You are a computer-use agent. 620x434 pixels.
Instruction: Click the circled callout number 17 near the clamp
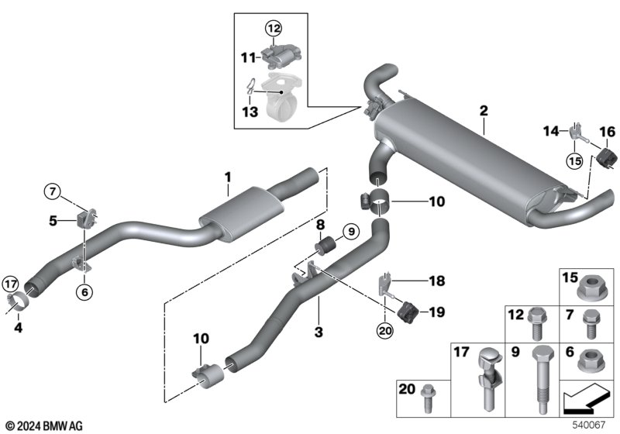click(x=10, y=283)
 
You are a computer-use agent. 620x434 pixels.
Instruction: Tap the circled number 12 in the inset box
click(x=272, y=29)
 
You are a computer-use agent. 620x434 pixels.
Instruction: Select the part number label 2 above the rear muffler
click(x=483, y=110)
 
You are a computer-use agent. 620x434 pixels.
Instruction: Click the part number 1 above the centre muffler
click(x=228, y=177)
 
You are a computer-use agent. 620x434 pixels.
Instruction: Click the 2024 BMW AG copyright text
click(x=43, y=425)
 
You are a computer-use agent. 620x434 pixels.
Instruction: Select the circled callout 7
click(x=52, y=191)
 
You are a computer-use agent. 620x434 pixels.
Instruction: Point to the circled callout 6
click(x=82, y=291)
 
